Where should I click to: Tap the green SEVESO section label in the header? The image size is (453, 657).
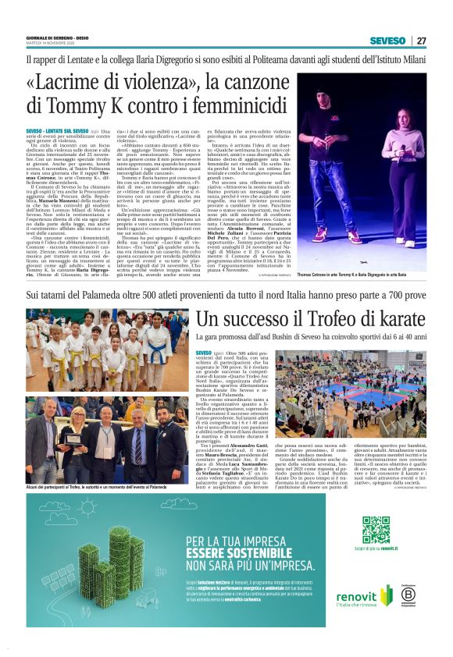387,41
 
